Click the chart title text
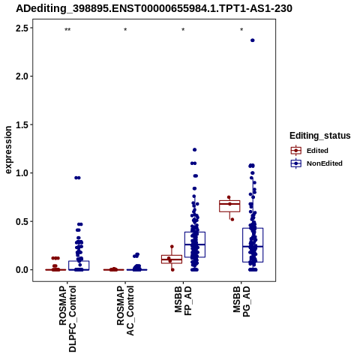[154, 9]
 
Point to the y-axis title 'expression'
[8, 150]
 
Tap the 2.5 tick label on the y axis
[22, 28]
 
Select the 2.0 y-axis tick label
[22, 76]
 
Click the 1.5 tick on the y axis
[22, 124]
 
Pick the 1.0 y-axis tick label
[22, 173]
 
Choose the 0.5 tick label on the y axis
[22, 221]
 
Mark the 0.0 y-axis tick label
[22, 270]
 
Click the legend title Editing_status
[320, 136]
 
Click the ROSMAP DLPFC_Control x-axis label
[67, 319]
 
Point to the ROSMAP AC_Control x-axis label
[125, 310]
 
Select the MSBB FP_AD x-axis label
[183, 301]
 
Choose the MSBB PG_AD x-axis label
[241, 301]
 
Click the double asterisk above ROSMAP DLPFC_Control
[67, 30]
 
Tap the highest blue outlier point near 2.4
[253, 40]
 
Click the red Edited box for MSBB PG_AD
[229, 206]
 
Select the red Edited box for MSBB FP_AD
[172, 259]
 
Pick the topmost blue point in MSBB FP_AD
[194, 150]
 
